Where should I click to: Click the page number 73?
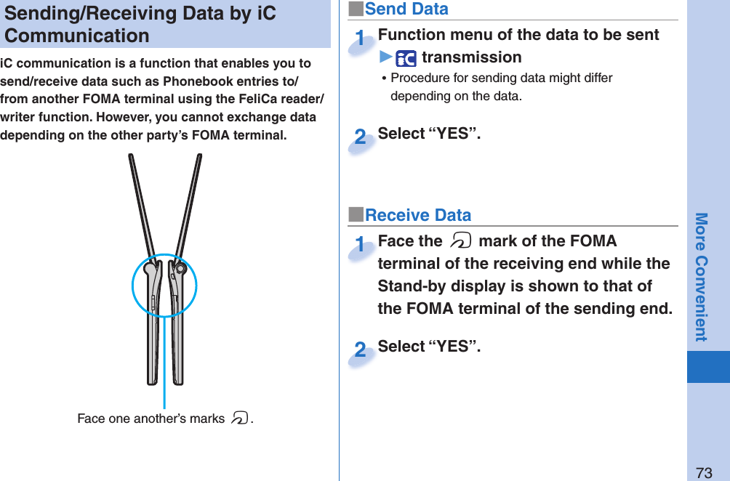coord(703,472)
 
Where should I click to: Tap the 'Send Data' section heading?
coord(406,9)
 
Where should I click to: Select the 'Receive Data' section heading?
coord(417,215)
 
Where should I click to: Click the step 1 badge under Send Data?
coord(360,40)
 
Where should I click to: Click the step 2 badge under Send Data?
coord(360,137)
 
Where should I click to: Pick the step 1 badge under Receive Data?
coord(360,246)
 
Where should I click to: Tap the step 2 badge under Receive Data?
coord(360,350)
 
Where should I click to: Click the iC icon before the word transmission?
coord(406,58)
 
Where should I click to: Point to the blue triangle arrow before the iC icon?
coord(385,57)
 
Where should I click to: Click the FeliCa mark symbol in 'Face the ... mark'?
coord(460,241)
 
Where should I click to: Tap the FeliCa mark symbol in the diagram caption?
coord(239,419)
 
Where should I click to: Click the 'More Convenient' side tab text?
coord(701,276)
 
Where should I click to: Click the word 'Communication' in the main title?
coord(77,36)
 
